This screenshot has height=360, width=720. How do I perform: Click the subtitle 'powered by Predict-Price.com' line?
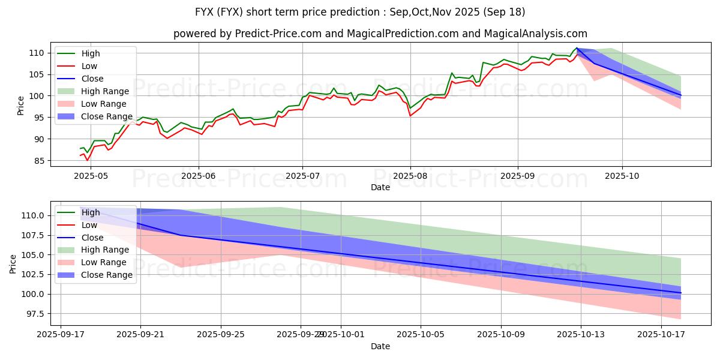(380, 34)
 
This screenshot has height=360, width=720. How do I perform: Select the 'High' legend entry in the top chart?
(91, 53)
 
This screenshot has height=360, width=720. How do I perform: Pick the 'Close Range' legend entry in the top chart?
(107, 116)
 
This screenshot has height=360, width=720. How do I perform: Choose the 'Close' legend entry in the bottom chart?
(92, 238)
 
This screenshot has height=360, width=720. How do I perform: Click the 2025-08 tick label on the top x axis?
(410, 175)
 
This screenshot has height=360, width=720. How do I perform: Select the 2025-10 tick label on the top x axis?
(622, 175)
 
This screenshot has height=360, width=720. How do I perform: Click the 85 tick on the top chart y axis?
(40, 161)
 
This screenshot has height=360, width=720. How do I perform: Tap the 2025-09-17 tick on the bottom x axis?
(61, 334)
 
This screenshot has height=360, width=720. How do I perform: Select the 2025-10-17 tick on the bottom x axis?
(661, 334)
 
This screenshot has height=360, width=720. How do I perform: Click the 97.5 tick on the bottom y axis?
(35, 314)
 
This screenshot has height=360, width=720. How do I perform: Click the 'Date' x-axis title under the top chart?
(380, 187)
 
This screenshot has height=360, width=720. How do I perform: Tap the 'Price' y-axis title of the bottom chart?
(13, 263)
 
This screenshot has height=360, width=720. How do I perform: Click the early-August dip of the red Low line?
(410, 115)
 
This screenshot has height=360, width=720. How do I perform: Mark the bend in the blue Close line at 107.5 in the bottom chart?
(181, 235)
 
